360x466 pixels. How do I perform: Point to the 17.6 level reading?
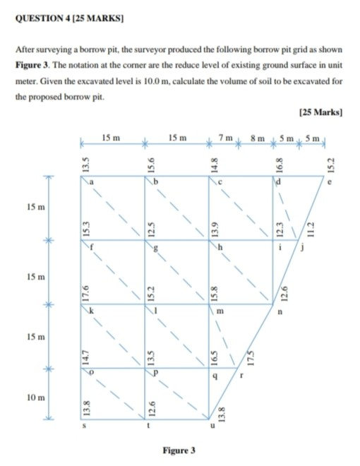[x=84, y=289]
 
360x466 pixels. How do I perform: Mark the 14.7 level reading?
[x=84, y=352]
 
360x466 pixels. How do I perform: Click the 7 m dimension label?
[x=225, y=136]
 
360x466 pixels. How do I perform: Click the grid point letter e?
[x=328, y=185]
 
